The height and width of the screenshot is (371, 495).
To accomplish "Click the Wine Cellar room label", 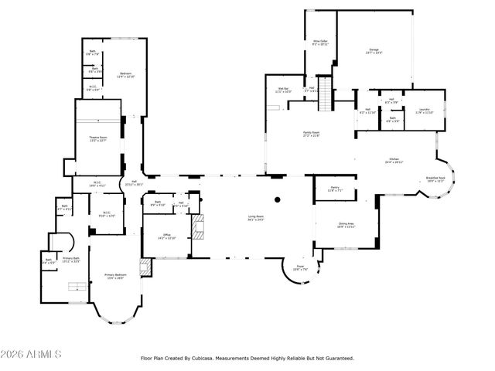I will (320, 43).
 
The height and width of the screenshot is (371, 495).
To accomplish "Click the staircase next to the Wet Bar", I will (325, 94).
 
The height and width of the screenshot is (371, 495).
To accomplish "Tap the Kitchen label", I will (394, 161).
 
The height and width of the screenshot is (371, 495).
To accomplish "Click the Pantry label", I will (335, 188).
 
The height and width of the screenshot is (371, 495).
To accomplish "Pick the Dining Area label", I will (346, 225).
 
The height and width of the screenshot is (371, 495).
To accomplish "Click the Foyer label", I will (299, 268).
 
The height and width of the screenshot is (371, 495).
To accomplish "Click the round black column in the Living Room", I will (277, 199).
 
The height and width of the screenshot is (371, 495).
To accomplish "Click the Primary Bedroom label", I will (114, 277).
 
